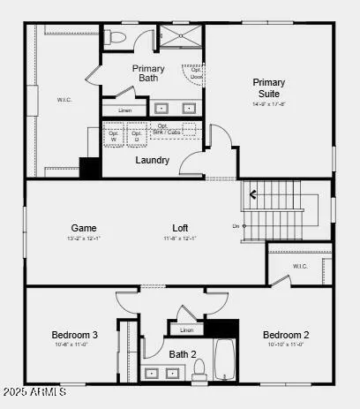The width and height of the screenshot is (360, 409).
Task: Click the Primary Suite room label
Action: coord(269,87)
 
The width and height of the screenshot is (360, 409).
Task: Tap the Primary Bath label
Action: coord(148,73)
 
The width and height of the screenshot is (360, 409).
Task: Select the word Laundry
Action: coord(153,160)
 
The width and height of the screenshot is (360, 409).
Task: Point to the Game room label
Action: coord(84,228)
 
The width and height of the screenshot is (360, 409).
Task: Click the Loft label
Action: coord(180,228)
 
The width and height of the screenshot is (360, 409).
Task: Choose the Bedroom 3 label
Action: coord(74,335)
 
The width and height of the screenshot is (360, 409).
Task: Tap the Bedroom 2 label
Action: coord(286,335)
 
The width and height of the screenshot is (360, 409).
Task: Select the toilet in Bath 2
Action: coord(200,367)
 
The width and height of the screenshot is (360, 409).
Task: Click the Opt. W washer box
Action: coord(113,136)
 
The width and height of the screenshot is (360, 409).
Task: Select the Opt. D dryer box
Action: coord(136,136)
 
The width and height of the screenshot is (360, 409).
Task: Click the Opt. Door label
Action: coord(196,73)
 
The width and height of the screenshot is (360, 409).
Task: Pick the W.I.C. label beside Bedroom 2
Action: coord(300,267)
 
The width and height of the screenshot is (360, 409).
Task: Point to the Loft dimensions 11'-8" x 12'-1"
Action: coord(180,239)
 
